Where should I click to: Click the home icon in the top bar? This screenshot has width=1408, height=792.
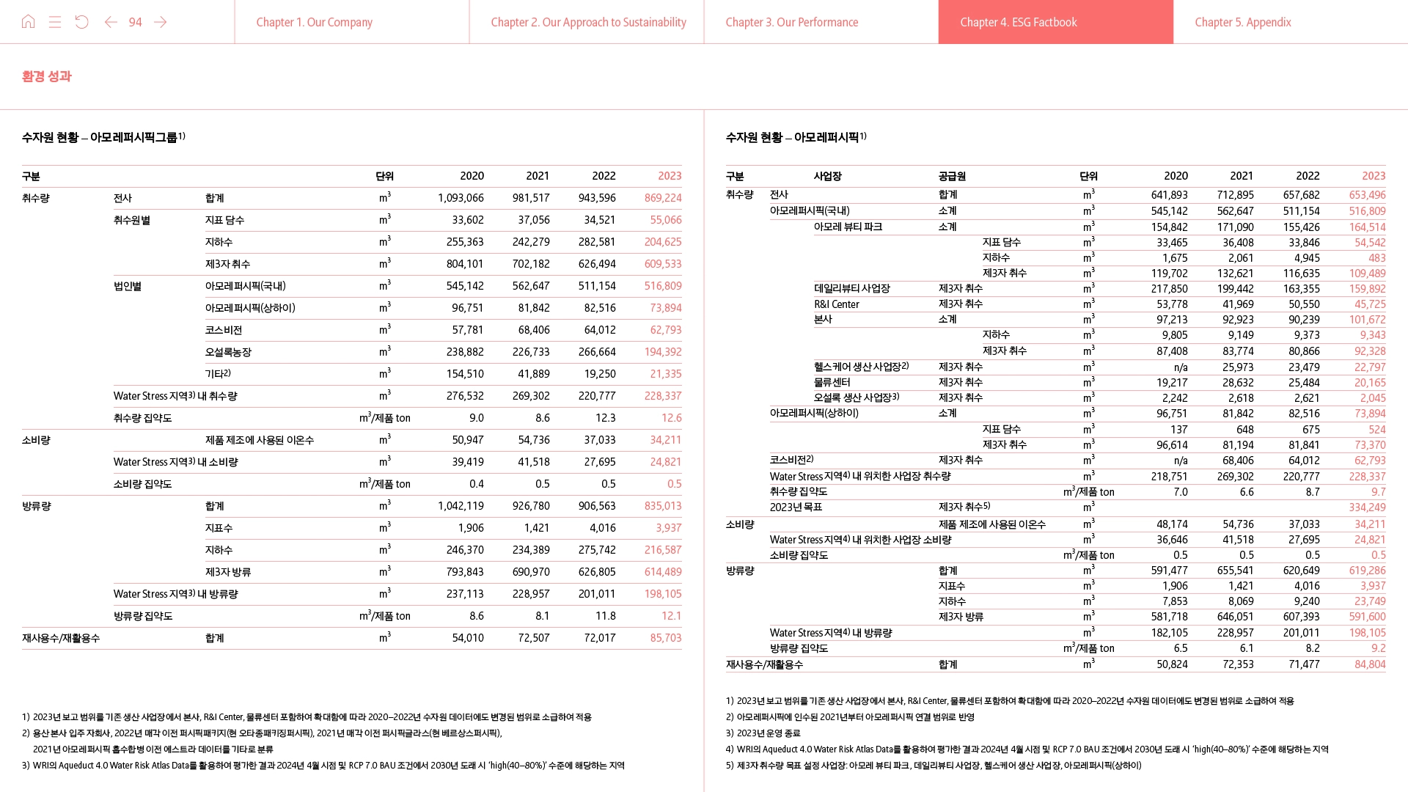(x=29, y=22)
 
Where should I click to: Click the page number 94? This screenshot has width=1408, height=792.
(x=135, y=22)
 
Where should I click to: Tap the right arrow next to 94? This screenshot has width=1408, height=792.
(x=161, y=22)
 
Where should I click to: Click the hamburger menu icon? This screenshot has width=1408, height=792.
(x=55, y=22)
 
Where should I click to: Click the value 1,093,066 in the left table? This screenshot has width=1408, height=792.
(x=461, y=198)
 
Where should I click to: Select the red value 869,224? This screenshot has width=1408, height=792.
(x=663, y=198)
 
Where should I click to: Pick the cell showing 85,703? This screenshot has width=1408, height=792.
(x=666, y=638)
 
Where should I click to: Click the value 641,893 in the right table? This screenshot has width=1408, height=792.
(x=1169, y=195)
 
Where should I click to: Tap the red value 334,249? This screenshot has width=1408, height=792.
(x=1367, y=507)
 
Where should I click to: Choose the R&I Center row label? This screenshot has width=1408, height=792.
(x=836, y=304)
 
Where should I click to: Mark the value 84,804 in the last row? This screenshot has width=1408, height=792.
(x=1370, y=664)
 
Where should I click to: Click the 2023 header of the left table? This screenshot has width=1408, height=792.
(x=670, y=176)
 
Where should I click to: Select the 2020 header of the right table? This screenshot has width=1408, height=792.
(x=1176, y=176)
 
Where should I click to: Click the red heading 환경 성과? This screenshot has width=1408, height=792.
(x=47, y=76)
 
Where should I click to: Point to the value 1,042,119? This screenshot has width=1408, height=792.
(x=461, y=506)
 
